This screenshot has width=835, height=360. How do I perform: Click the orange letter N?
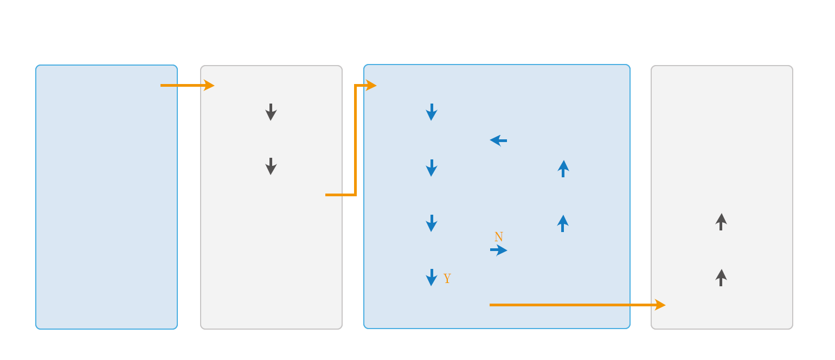click(x=498, y=237)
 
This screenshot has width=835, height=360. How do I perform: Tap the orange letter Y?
click(x=447, y=279)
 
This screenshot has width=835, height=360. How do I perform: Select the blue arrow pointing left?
click(x=498, y=140)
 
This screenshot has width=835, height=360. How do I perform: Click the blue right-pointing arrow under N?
click(x=498, y=250)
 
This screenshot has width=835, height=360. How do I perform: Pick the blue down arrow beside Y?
click(x=432, y=277)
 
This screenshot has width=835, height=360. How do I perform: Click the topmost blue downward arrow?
click(x=432, y=112)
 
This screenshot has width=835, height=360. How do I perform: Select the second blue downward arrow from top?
click(x=432, y=168)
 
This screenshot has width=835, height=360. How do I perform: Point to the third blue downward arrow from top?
click(x=432, y=223)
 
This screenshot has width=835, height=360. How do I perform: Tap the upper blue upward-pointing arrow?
click(x=563, y=169)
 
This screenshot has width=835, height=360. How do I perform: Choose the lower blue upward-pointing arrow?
click(x=563, y=223)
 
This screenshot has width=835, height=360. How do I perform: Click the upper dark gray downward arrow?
click(x=271, y=112)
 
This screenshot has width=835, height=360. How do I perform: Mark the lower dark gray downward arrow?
click(x=271, y=166)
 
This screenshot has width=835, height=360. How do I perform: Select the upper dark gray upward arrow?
click(x=721, y=222)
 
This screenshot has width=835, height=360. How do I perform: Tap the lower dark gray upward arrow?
click(x=721, y=278)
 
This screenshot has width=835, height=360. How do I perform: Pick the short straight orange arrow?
click(x=187, y=85)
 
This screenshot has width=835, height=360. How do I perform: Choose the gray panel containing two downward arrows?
click(x=271, y=244)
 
